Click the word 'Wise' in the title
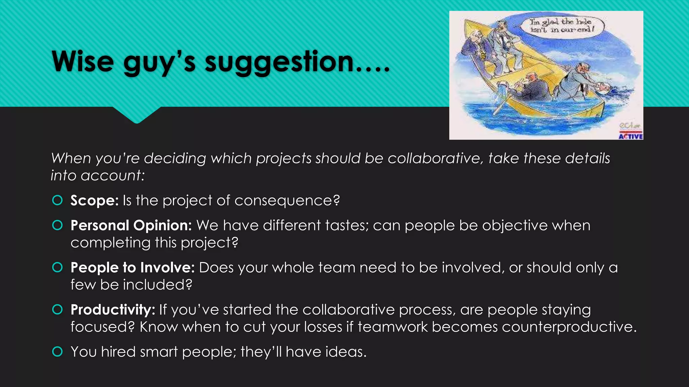[83, 62]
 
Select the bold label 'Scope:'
[94, 201]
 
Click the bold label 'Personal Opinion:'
[131, 225]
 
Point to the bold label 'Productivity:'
[113, 310]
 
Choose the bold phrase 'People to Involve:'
[133, 268]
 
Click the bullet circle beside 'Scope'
[58, 201]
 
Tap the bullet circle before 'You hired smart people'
[58, 352]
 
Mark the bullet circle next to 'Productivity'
[58, 310]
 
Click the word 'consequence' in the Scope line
[287, 201]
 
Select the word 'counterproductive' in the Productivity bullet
[569, 327]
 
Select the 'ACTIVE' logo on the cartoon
[631, 136]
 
